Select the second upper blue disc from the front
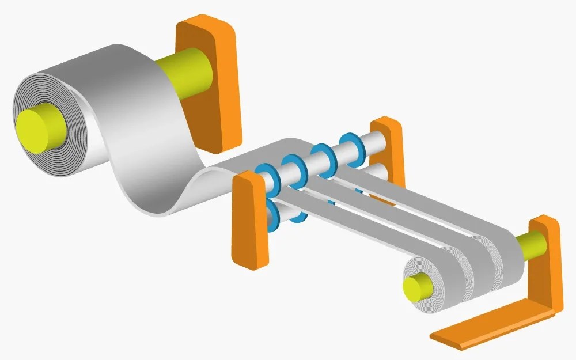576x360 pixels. (292, 166)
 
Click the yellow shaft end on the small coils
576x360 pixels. (415, 286)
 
